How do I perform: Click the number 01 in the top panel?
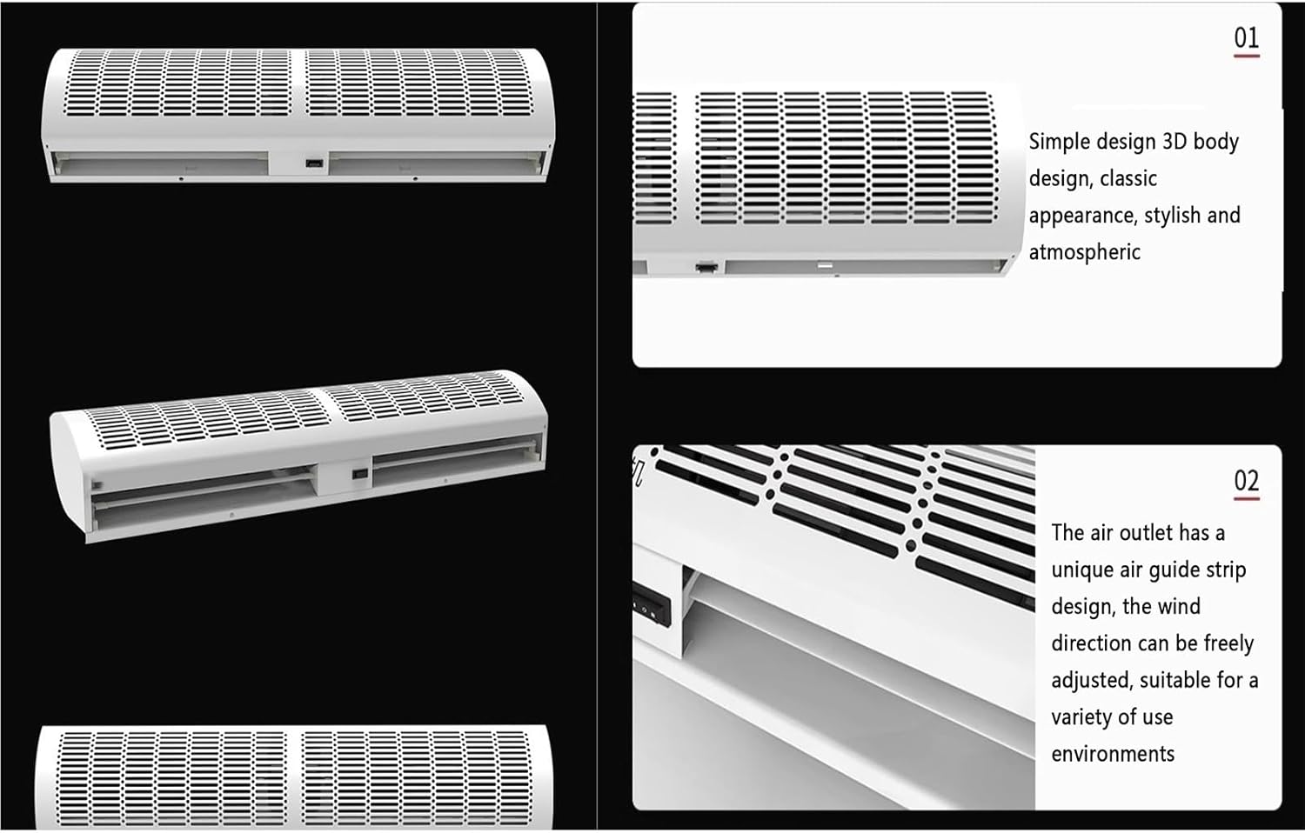(x=1246, y=37)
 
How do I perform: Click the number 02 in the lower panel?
(x=1246, y=480)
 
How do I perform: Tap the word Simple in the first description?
(x=1059, y=142)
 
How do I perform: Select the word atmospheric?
(x=1084, y=252)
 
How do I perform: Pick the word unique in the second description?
(x=1082, y=570)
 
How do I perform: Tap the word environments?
(x=1113, y=754)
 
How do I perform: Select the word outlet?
(x=1147, y=533)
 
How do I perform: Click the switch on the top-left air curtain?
(x=314, y=163)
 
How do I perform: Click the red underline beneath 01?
(x=1246, y=56)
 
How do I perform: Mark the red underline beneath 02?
(x=1246, y=499)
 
